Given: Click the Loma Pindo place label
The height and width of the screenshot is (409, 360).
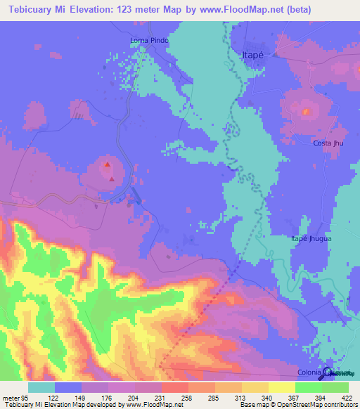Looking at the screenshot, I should click(150, 41).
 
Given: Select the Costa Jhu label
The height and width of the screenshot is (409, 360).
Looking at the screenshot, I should click(328, 143).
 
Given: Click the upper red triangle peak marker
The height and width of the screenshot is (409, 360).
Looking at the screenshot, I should click(107, 165).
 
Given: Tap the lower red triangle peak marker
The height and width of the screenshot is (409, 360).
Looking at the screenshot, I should click(111, 178).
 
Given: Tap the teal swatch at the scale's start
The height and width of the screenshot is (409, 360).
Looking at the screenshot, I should click(41, 387).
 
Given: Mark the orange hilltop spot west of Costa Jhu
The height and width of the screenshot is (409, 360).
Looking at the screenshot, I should click(306, 110).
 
